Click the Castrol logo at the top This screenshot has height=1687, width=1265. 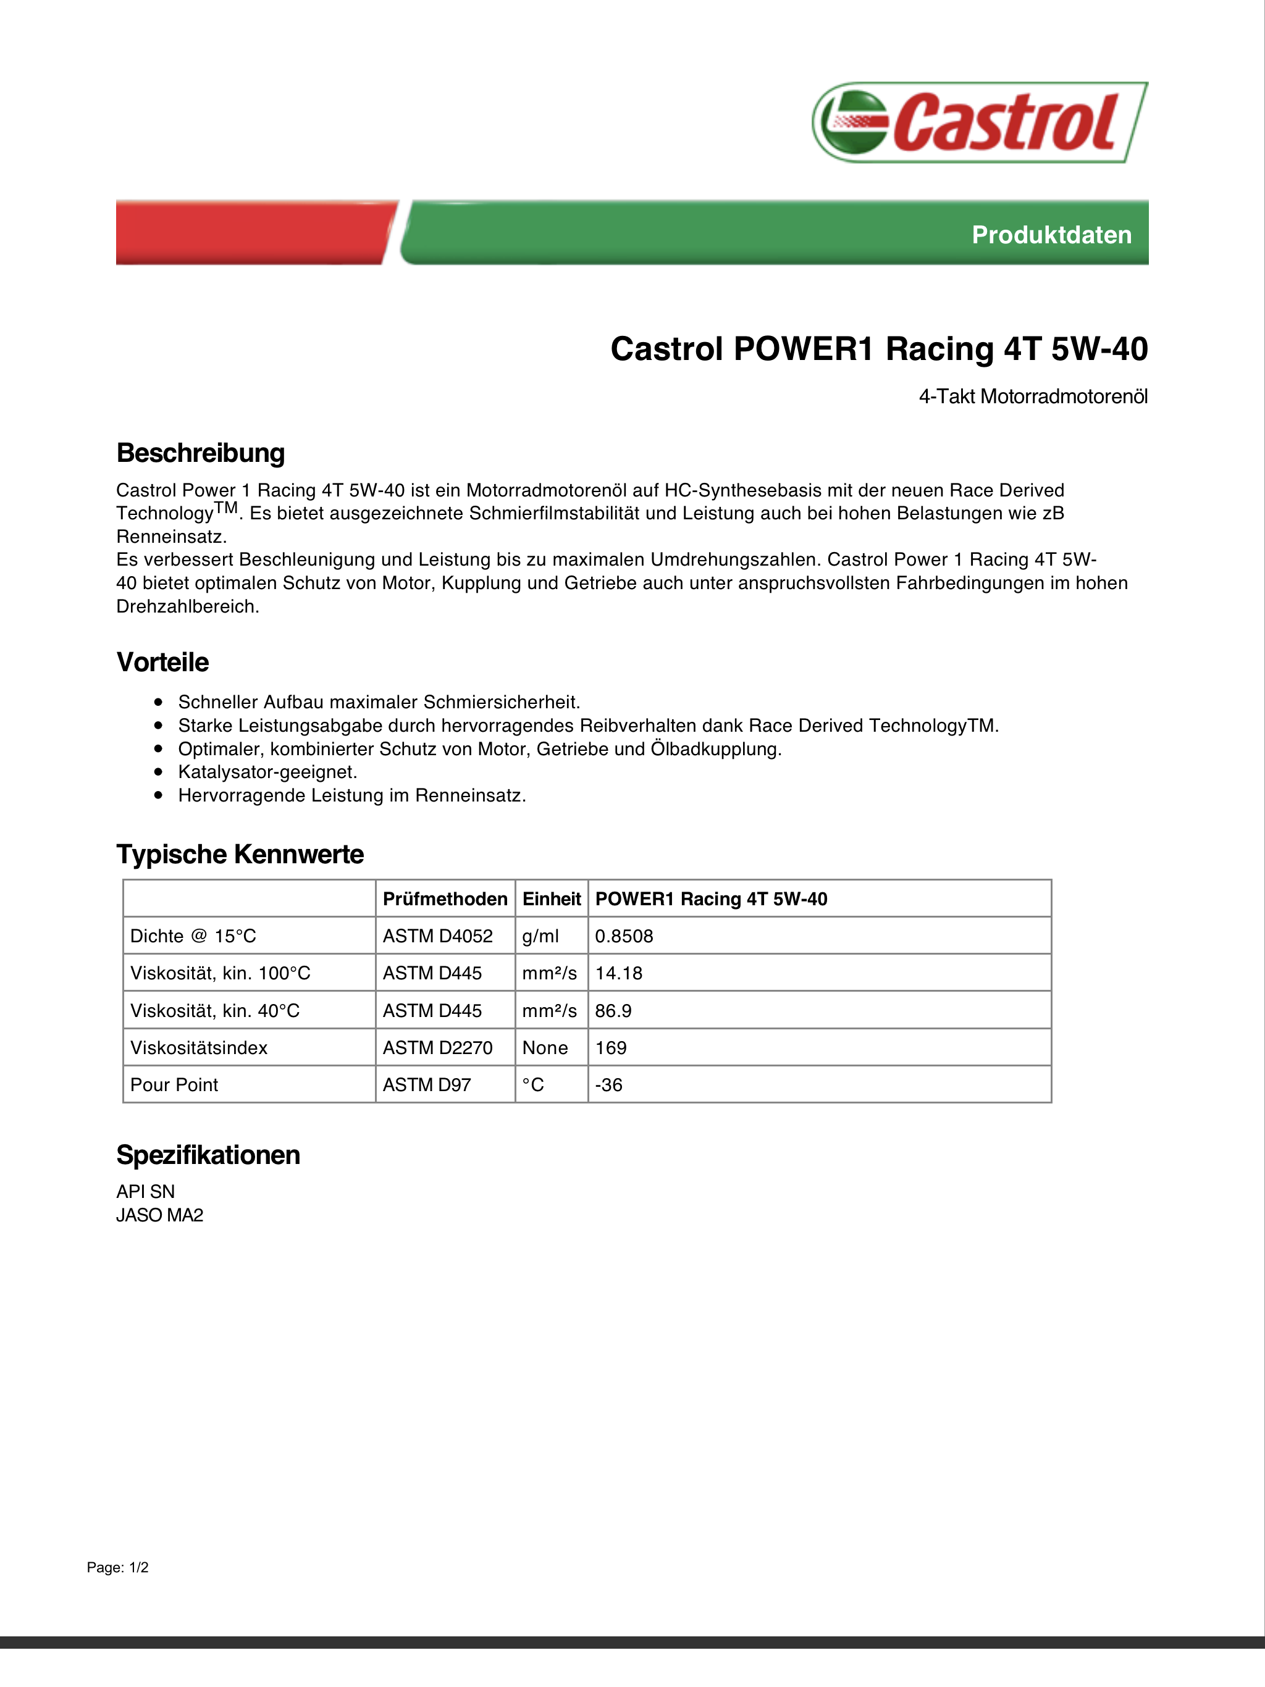point(979,122)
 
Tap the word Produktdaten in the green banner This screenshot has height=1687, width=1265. point(1051,235)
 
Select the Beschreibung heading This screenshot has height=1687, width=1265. point(201,453)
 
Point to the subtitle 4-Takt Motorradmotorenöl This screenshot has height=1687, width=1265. point(1032,396)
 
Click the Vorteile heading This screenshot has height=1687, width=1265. point(162,662)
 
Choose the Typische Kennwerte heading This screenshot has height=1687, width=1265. point(240,854)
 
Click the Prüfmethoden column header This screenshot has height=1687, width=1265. point(445,899)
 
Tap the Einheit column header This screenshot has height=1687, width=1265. point(552,899)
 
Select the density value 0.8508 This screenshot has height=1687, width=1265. point(624,937)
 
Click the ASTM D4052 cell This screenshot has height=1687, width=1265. point(438,937)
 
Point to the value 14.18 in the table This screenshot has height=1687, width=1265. point(619,973)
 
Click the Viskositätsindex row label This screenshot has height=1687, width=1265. point(199,1048)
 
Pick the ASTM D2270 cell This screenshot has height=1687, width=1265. point(438,1048)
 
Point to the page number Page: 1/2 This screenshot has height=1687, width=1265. point(117,1567)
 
